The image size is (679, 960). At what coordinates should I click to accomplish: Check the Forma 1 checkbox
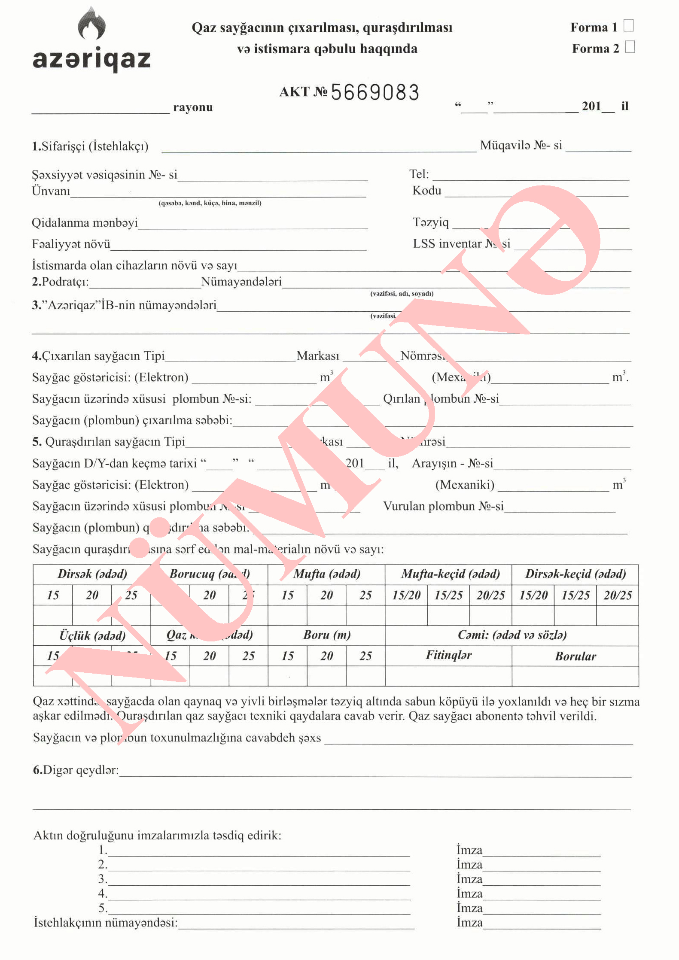pos(628,26)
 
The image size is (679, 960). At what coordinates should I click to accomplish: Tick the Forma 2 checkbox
pos(630,46)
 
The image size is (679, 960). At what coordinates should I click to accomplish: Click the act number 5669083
pos(375,92)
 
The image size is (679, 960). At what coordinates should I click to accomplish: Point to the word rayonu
pos(193,107)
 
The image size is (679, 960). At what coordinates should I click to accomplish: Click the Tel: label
pos(419,174)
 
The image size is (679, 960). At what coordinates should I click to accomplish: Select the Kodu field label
pos(426,190)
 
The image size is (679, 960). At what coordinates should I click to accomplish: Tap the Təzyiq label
pos(430,222)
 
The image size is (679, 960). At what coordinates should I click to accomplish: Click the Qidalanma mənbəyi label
pos(85,222)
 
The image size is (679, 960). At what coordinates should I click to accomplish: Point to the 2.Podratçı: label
pos(60,282)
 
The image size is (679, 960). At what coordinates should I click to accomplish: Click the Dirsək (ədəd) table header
pos(92,574)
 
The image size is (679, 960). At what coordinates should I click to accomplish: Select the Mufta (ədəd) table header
pos(326,574)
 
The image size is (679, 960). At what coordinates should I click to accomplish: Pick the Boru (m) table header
pos(326,635)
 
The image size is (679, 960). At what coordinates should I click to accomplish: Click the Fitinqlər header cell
pos(448,655)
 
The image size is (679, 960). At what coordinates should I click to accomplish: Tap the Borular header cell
pos(575,656)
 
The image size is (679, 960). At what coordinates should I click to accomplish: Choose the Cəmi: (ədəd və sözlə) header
pos(512,635)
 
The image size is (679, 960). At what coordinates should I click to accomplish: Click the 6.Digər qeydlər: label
pos(76,770)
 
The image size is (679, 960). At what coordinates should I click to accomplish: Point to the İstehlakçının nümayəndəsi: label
pos(106,922)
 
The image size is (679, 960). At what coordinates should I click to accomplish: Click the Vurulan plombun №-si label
pos(443,506)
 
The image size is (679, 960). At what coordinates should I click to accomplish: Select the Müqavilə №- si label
pos(521,145)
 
